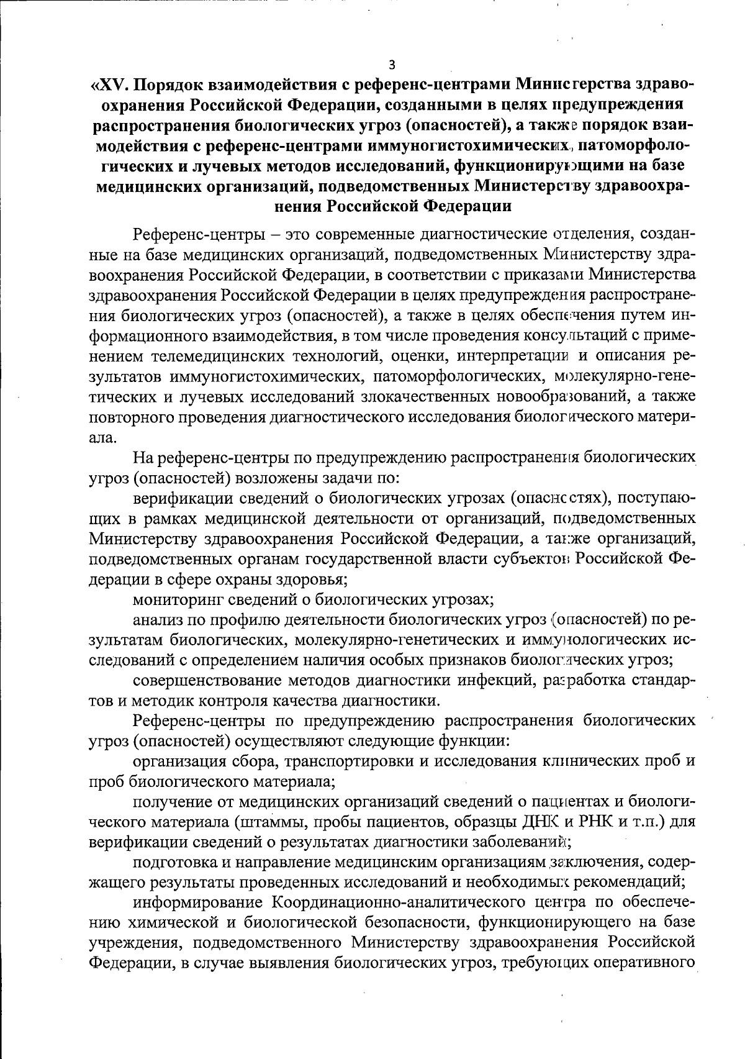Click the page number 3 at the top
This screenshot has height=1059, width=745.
point(391,64)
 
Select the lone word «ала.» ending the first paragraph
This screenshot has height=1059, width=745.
point(102,438)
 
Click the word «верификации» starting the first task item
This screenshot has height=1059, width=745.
point(181,498)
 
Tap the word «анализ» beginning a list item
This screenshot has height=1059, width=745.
point(153,620)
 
